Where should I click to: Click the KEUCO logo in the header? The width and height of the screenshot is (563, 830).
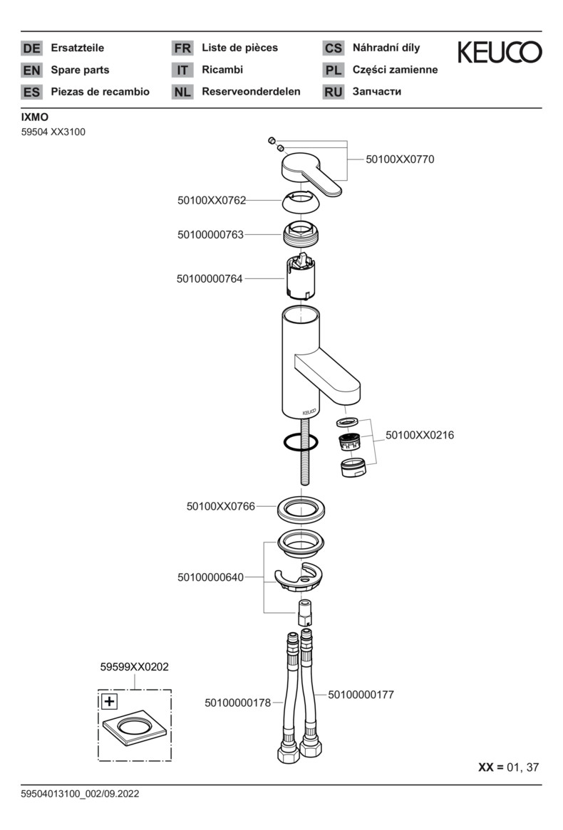[x=499, y=52]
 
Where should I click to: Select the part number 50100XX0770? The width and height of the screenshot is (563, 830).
[x=399, y=159]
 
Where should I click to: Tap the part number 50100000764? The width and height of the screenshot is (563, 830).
[x=210, y=279]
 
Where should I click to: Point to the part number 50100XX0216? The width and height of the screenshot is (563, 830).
[x=419, y=435]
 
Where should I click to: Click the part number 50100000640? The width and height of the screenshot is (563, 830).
[x=210, y=577]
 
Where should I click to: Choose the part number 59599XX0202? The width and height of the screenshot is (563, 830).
[x=134, y=667]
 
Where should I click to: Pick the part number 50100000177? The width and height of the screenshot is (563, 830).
[x=361, y=694]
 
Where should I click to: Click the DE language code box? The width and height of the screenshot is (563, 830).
[x=32, y=48]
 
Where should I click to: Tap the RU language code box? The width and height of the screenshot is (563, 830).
[x=333, y=92]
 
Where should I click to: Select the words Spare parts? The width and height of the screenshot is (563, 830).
[x=80, y=70]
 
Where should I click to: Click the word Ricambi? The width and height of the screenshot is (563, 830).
[x=222, y=70]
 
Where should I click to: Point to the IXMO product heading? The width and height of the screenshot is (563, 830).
[x=35, y=117]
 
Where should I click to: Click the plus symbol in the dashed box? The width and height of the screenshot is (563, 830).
[x=109, y=702]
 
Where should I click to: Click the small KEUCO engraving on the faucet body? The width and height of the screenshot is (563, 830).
[x=309, y=411]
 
